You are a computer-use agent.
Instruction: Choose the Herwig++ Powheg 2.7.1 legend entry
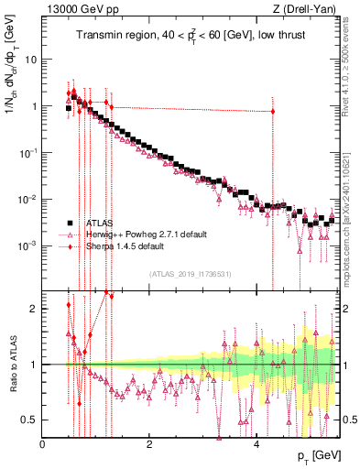coord(137,234)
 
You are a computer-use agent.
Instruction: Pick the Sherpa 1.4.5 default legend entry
coord(124,246)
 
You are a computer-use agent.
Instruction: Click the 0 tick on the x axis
coord(43,444)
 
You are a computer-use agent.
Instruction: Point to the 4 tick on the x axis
coord(256,444)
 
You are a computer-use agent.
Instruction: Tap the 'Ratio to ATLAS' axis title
coord(12,365)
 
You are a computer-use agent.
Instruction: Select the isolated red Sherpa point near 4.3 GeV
coord(272,112)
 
